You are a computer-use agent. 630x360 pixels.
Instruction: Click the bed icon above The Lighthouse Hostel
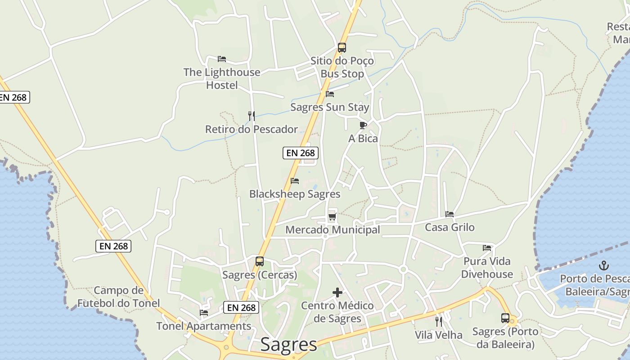pyautogui.click(x=221, y=59)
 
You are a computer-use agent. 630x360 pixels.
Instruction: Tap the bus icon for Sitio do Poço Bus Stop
pyautogui.click(x=342, y=47)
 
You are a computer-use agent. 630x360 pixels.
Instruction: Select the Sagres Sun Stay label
pyautogui.click(x=329, y=107)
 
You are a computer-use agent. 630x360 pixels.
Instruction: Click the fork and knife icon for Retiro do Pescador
pyautogui.click(x=252, y=116)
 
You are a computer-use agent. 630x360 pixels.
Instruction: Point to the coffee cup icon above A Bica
pyautogui.click(x=363, y=125)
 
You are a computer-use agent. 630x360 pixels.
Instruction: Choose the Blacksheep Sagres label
pyautogui.click(x=295, y=194)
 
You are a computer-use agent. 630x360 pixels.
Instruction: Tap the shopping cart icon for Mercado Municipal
pyautogui.click(x=333, y=217)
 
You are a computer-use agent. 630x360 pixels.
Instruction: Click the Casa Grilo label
pyautogui.click(x=450, y=227)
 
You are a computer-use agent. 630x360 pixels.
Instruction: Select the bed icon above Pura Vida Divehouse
pyautogui.click(x=487, y=247)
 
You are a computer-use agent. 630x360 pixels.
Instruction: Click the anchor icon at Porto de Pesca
pyautogui.click(x=604, y=265)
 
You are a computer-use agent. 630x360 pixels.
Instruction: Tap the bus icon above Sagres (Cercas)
pyautogui.click(x=260, y=261)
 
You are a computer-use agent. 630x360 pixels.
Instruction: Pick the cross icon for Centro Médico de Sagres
pyautogui.click(x=337, y=292)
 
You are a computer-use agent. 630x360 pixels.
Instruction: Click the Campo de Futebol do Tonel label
pyautogui.click(x=118, y=297)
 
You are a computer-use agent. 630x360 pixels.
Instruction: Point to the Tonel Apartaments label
pyautogui.click(x=204, y=326)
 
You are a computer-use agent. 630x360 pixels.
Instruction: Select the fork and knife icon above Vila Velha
pyautogui.click(x=439, y=321)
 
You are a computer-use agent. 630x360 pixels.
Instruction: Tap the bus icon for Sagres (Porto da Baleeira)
pyautogui.click(x=505, y=318)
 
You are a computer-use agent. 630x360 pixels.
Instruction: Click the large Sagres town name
pyautogui.click(x=288, y=345)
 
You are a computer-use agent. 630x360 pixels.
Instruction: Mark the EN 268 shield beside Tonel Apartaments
pyautogui.click(x=242, y=308)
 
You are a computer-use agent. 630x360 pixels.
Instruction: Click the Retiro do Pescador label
pyautogui.click(x=251, y=130)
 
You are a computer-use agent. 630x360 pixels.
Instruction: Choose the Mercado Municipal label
pyautogui.click(x=333, y=230)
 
